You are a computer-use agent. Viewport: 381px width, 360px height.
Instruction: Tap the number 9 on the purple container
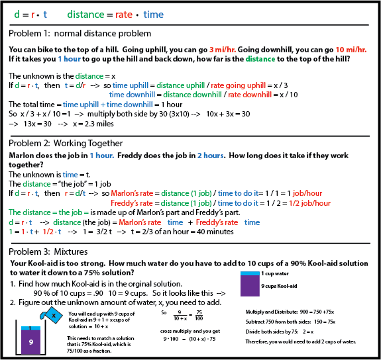click(x=30, y=342)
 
